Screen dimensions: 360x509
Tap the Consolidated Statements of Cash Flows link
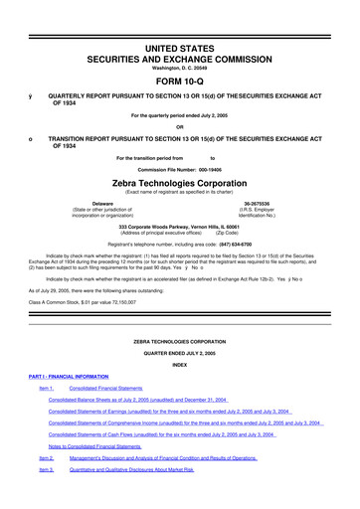click(168, 434)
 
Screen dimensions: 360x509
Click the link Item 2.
click(46, 458)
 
